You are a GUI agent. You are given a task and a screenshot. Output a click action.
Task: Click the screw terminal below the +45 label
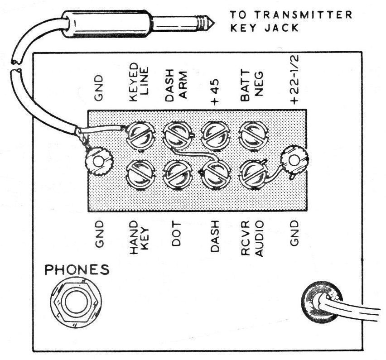point(215,134)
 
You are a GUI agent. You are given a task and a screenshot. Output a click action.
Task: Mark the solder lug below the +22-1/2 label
point(294,161)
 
